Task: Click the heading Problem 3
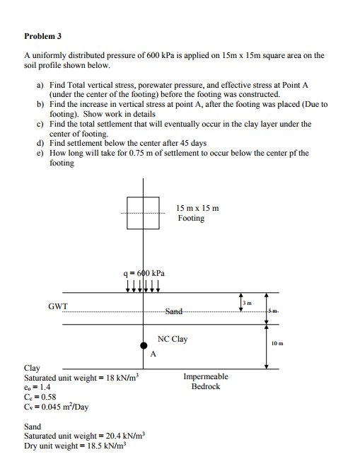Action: click(43, 35)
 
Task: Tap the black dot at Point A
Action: click(144, 345)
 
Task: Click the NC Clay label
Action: click(173, 339)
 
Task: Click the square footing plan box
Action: click(144, 213)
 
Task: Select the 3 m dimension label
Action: click(247, 302)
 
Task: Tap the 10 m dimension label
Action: click(277, 343)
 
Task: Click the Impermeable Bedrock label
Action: click(206, 382)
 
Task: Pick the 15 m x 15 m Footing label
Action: click(198, 213)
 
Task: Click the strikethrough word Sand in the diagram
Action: click(174, 311)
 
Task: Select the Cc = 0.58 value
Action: click(40, 398)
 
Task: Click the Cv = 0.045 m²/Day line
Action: click(57, 407)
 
